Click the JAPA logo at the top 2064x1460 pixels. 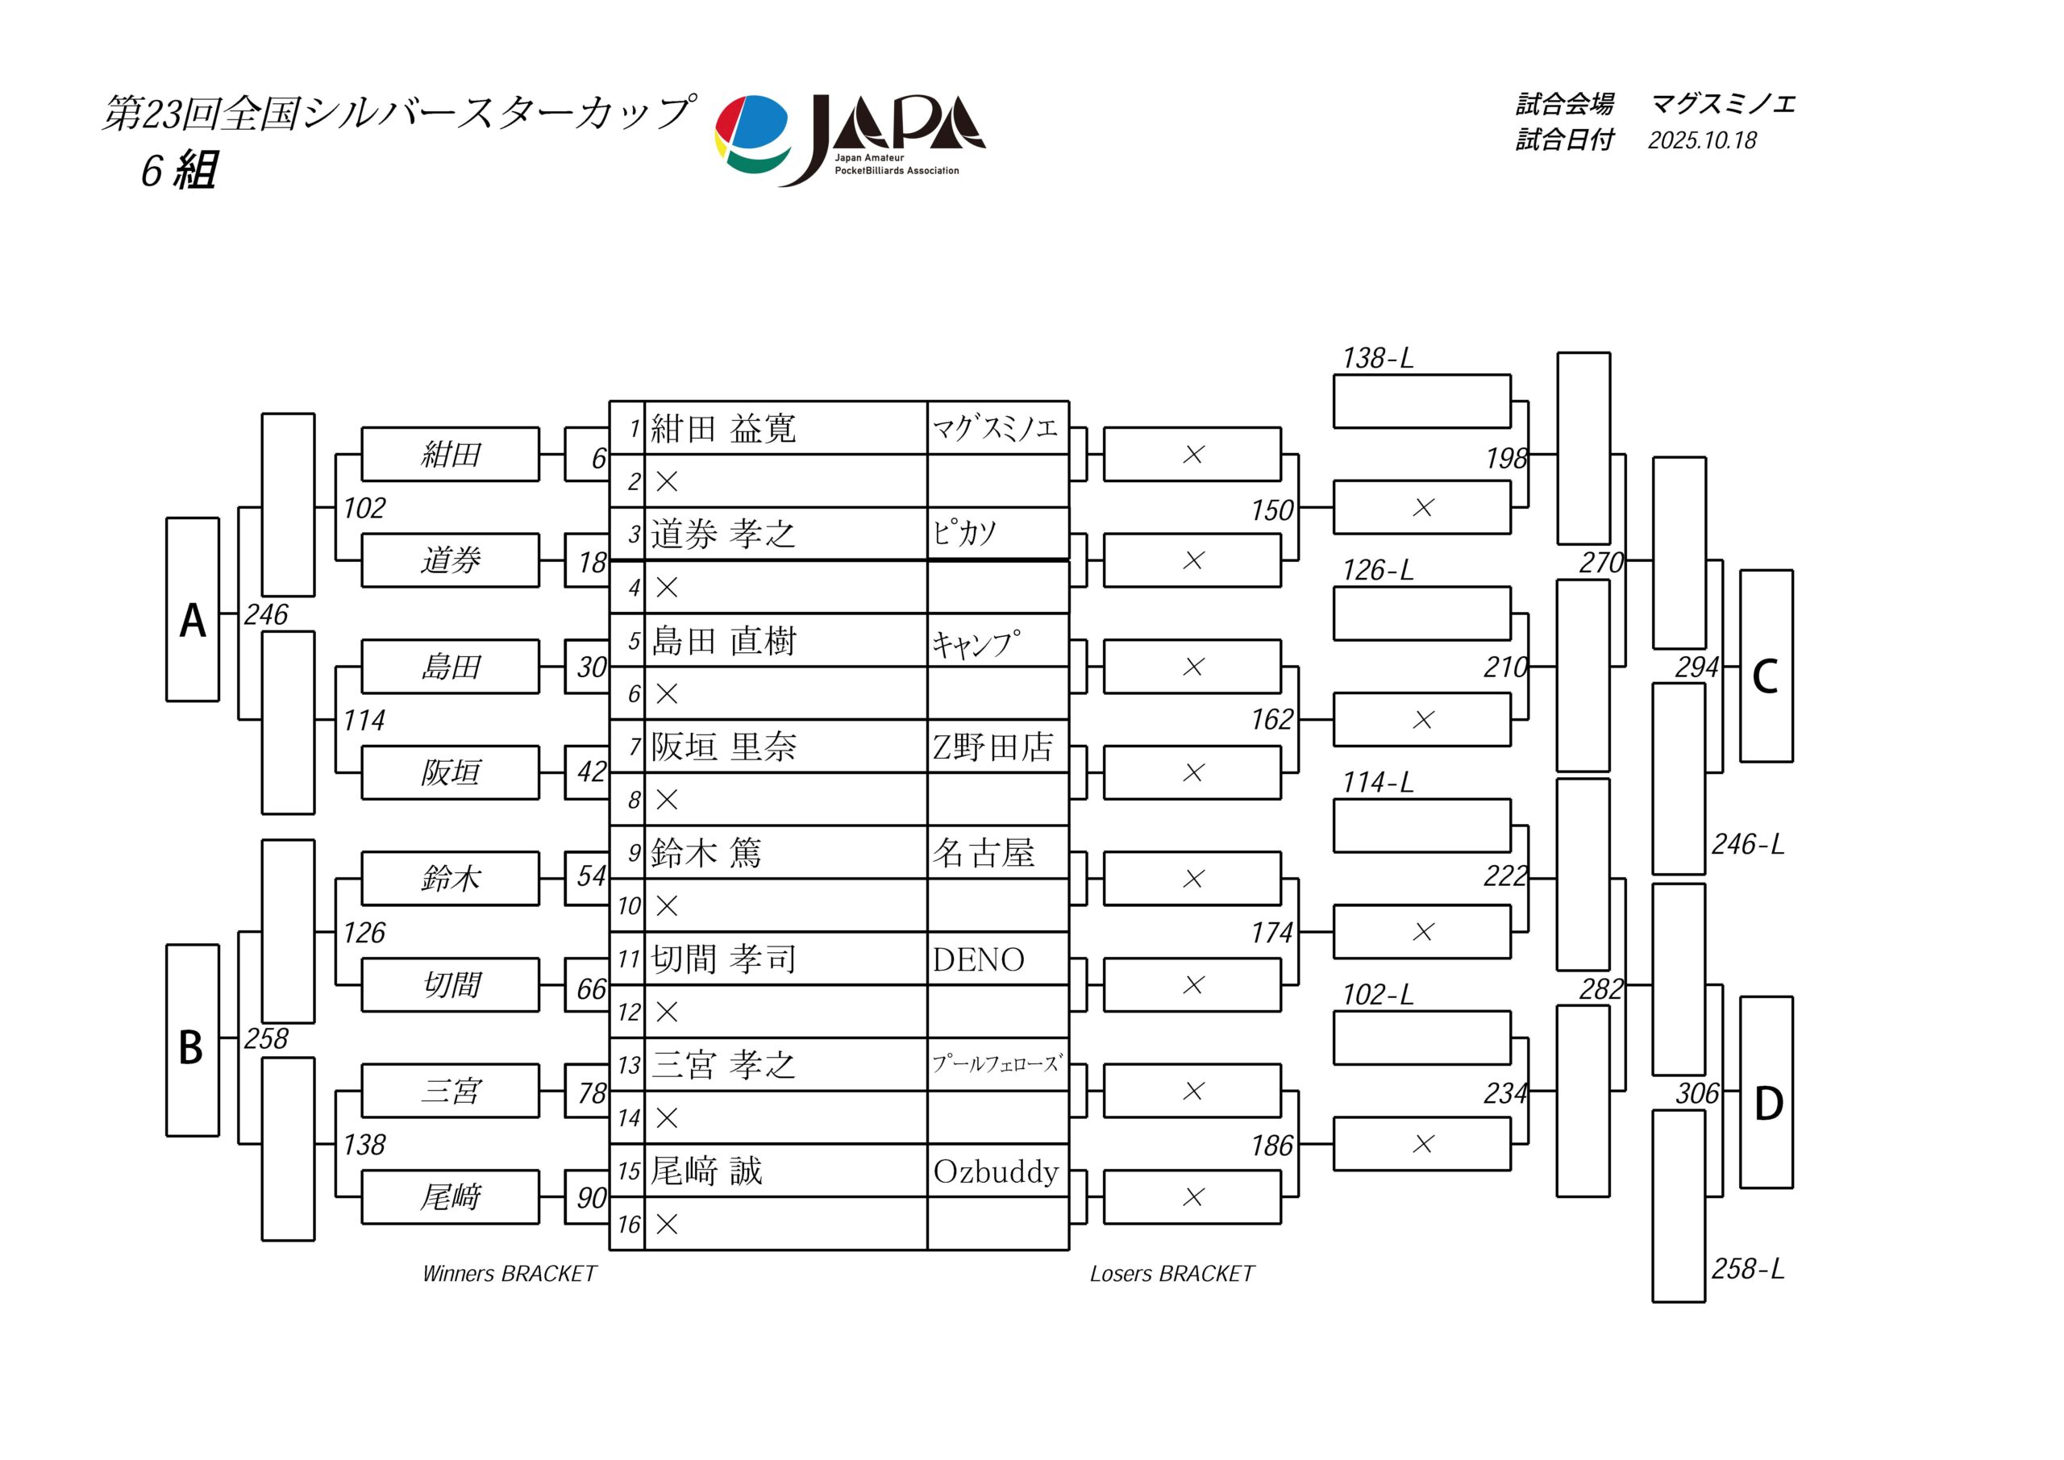point(850,139)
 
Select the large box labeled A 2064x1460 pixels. point(193,609)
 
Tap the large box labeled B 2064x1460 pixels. point(193,1040)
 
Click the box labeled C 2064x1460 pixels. point(1766,666)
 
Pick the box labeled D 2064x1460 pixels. point(1766,1092)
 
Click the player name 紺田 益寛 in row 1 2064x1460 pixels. point(724,429)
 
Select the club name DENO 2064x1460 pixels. point(978,960)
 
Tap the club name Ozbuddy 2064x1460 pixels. point(996,1171)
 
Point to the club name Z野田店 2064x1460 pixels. point(992,747)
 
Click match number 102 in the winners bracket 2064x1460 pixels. point(364,509)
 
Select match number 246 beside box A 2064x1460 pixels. point(266,615)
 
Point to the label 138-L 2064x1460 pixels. point(1377,359)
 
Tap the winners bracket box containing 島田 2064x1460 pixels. point(451,667)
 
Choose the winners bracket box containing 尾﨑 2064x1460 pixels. point(451,1197)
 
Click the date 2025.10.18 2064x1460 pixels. point(1702,141)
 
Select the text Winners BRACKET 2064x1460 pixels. point(509,1274)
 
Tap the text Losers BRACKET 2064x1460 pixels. point(1171,1274)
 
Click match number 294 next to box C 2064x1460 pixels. point(1696,667)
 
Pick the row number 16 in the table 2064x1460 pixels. point(628,1225)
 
